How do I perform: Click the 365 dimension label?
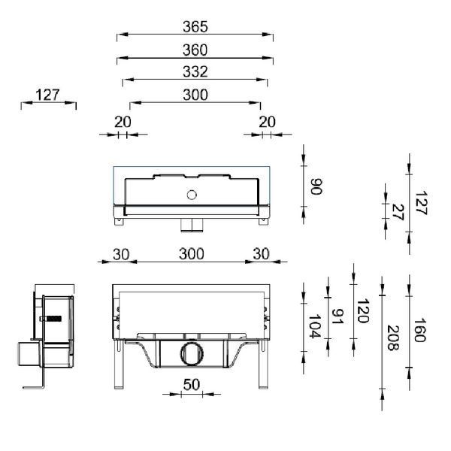(x=195, y=27)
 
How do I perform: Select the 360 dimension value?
(x=195, y=50)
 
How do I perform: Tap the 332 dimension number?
(x=195, y=72)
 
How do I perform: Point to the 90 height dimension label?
(x=316, y=186)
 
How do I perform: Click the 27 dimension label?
(x=398, y=212)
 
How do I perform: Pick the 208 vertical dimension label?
(x=393, y=338)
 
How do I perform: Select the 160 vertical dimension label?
(x=419, y=330)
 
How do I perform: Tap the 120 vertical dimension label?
(x=363, y=311)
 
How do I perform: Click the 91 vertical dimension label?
(x=337, y=316)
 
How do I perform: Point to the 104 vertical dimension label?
(x=315, y=326)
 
